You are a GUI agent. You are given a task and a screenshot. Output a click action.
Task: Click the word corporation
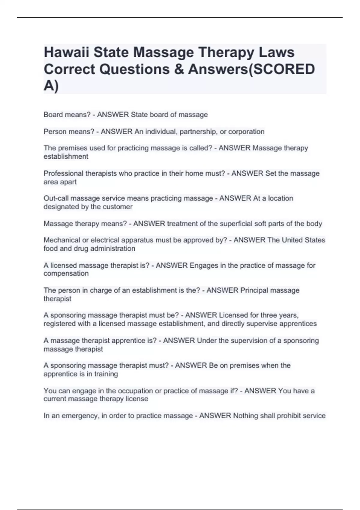(246, 131)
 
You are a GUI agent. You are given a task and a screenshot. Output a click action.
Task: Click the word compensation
(66, 274)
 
